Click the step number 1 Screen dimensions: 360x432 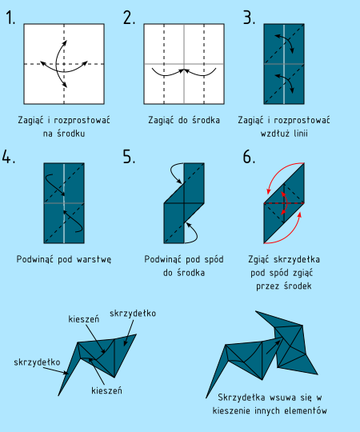coord(10,18)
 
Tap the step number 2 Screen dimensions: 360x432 coord(129,18)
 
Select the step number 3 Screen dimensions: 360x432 coord(249,18)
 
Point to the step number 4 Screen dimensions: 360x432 coord(9,157)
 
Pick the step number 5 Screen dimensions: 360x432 coord(129,157)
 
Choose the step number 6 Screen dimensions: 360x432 coord(249,157)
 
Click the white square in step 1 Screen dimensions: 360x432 coord(64,64)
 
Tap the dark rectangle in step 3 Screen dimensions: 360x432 coord(284,64)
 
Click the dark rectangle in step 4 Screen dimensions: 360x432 coord(64,203)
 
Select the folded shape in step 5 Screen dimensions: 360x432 coord(184,203)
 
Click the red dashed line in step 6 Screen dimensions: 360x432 coord(284,203)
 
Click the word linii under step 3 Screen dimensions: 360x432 coord(301,134)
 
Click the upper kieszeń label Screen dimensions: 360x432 coord(84,319)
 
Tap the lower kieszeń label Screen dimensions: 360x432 coord(106,390)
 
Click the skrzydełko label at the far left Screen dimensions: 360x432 coord(37,362)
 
